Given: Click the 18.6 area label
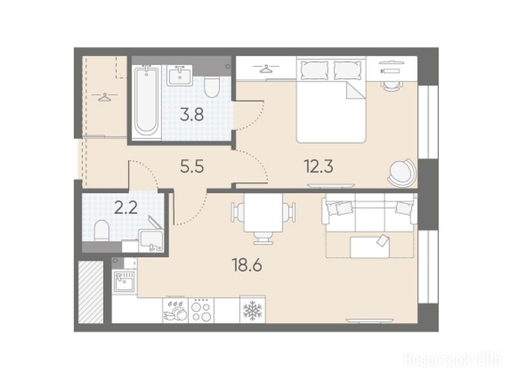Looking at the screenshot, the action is pyautogui.click(x=247, y=266).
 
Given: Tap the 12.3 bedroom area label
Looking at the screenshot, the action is pyautogui.click(x=319, y=167).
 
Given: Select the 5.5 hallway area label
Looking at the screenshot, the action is pyautogui.click(x=192, y=167).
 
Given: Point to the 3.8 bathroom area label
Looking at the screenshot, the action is pyautogui.click(x=192, y=114).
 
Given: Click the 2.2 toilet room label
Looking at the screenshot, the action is pyautogui.click(x=126, y=208).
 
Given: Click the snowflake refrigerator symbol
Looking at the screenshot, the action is pyautogui.click(x=253, y=310).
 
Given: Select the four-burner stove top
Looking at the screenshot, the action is pyautogui.click(x=201, y=310).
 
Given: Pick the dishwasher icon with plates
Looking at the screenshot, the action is pyautogui.click(x=175, y=310).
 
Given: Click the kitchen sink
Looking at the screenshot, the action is pyautogui.click(x=124, y=282).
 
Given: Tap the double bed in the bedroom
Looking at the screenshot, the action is pyautogui.click(x=331, y=100).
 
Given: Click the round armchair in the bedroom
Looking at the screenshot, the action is pyautogui.click(x=402, y=172).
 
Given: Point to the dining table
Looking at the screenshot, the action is pyautogui.click(x=263, y=212).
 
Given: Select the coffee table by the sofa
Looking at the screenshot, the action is pyautogui.click(x=370, y=247).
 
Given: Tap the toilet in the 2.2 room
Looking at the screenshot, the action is pyautogui.click(x=102, y=231).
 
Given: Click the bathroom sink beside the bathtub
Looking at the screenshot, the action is pyautogui.click(x=179, y=76).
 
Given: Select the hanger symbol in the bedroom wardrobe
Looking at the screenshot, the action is pyautogui.click(x=266, y=69).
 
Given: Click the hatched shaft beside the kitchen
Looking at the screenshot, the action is pyautogui.click(x=90, y=292).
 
